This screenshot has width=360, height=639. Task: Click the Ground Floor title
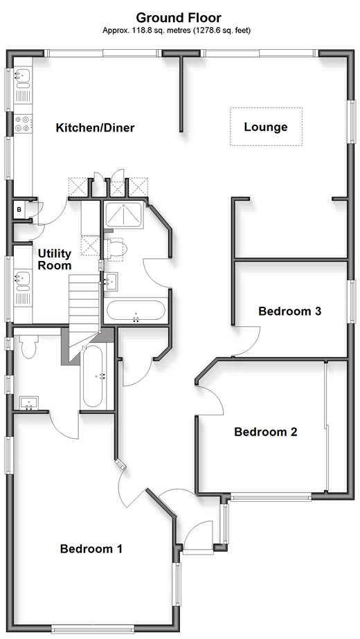(x=179, y=17)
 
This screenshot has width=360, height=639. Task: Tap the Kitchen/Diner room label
(x=95, y=127)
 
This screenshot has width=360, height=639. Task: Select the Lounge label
(x=266, y=127)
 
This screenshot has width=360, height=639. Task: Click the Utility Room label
(x=55, y=260)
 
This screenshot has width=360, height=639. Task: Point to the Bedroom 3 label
(x=290, y=312)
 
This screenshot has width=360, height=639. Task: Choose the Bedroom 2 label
(x=265, y=431)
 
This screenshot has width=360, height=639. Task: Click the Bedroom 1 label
(x=91, y=548)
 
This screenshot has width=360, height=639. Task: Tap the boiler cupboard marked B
(x=19, y=210)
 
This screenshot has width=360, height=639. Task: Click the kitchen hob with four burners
(x=22, y=124)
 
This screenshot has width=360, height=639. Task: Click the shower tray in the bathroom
(x=123, y=215)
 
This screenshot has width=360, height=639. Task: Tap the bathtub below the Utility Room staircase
(x=93, y=377)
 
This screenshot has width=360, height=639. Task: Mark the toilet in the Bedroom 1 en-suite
(x=28, y=345)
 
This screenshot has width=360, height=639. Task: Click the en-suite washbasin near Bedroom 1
(x=29, y=404)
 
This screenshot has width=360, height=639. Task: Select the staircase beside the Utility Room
(x=84, y=309)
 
